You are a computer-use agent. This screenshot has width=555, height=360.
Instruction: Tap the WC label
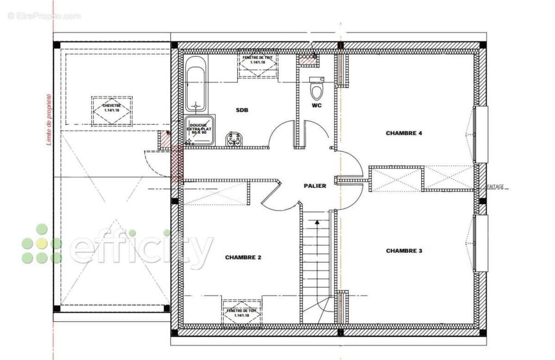point(317,105)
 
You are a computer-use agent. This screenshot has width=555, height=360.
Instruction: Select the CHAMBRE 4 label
point(404,133)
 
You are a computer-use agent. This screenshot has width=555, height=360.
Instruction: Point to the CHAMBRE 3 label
point(404,251)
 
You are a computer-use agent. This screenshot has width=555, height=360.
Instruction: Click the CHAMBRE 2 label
point(243,257)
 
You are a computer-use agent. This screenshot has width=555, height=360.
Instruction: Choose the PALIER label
point(315,186)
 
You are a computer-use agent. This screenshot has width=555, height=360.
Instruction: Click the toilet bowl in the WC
point(317,92)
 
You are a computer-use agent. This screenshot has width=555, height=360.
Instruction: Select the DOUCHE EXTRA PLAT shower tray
point(199,130)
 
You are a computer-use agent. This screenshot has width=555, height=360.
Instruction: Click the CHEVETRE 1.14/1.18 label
point(111,108)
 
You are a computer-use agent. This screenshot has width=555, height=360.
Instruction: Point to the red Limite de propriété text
point(49,120)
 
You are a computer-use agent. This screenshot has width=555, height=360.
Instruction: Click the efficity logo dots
point(41,244)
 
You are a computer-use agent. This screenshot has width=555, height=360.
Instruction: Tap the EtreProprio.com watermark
point(44,16)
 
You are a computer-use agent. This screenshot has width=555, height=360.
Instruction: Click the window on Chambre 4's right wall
point(481,134)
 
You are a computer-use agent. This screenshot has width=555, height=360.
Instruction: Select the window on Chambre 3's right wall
point(481,243)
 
